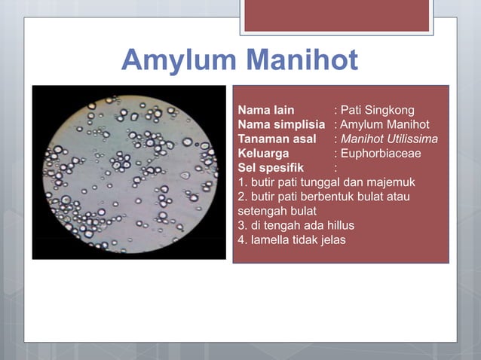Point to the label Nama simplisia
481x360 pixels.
[281, 124]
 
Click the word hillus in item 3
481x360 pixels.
[339, 225]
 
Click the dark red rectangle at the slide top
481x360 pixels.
[336, 15]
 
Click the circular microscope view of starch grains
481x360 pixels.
[129, 172]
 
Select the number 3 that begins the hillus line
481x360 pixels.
[241, 225]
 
